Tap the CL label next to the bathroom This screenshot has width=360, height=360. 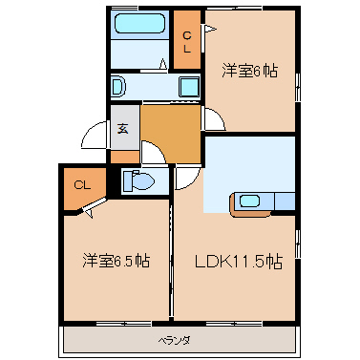[187, 40]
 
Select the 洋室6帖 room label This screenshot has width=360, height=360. [250, 71]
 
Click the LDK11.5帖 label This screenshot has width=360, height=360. [238, 261]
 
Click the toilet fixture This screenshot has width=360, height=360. [140, 180]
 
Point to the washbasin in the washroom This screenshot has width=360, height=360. [118, 87]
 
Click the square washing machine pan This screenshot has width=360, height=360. [187, 87]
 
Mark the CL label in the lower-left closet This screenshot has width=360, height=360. [82, 185]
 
